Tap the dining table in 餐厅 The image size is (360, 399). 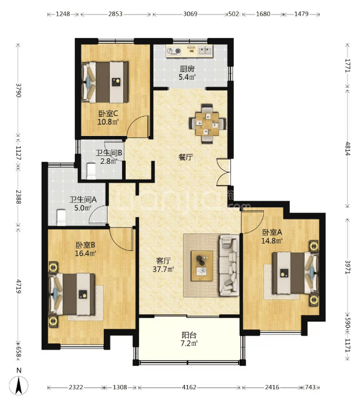(x=207, y=124)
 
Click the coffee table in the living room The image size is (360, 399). (x=202, y=265)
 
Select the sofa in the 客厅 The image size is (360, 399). (x=230, y=265)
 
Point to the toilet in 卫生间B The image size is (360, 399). (x=91, y=171)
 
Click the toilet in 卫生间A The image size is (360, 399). (x=61, y=217)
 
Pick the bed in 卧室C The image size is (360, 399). (x=105, y=82)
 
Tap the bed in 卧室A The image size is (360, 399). (x=295, y=273)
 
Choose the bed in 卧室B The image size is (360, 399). (x=72, y=294)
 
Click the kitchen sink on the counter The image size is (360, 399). (x=205, y=51)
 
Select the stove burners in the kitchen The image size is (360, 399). (x=174, y=51)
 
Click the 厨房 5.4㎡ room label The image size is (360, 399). (x=187, y=73)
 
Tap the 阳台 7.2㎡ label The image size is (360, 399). (x=189, y=339)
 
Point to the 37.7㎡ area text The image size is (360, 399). (x=163, y=269)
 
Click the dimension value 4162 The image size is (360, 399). (x=189, y=388)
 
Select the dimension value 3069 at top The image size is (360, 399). (x=190, y=14)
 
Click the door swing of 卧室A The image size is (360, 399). (x=252, y=222)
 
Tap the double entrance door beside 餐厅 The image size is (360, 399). (x=223, y=172)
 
